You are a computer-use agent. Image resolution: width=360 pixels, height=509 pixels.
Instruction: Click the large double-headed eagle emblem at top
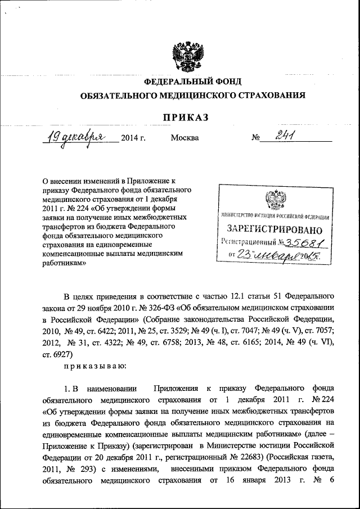tap(186, 54)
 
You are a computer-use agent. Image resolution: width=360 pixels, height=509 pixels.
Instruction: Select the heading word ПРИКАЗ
tap(186, 117)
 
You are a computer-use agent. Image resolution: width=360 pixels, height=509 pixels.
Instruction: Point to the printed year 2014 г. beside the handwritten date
tap(133, 138)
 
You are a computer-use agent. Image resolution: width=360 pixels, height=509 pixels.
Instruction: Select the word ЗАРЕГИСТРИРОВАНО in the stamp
tap(274, 230)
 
